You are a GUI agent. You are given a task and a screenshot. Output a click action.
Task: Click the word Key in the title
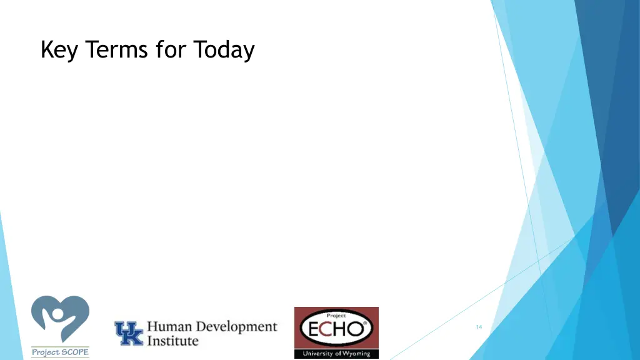click(x=59, y=50)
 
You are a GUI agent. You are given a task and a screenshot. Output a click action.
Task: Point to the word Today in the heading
click(x=224, y=50)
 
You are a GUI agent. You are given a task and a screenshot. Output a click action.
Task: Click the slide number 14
click(x=479, y=327)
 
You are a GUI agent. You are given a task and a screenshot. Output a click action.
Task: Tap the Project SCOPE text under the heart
click(x=60, y=352)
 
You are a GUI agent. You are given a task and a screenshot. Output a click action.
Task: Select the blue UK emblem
click(x=128, y=333)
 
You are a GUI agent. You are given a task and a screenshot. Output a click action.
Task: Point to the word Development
click(x=236, y=327)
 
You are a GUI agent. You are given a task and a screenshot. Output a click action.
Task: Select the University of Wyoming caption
click(x=336, y=354)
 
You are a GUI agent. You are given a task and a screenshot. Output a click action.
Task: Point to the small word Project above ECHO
click(x=336, y=316)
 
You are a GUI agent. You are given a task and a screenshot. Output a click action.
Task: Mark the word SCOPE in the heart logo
click(x=74, y=352)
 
